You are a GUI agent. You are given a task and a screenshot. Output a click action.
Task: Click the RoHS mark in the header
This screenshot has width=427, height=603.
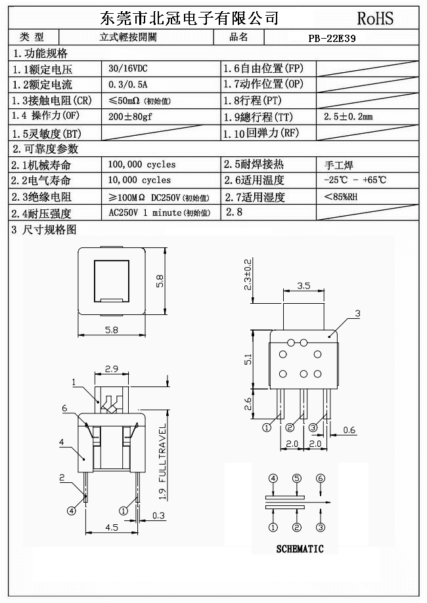[x=375, y=18]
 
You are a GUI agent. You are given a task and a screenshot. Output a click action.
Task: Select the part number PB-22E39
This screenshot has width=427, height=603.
[x=332, y=38]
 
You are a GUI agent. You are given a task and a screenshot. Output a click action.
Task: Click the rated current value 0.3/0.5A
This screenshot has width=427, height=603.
[x=128, y=84]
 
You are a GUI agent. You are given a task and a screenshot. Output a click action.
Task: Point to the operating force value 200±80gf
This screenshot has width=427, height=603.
[x=130, y=117]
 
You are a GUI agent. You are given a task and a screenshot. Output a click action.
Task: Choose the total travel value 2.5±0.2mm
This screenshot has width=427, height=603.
[x=348, y=117]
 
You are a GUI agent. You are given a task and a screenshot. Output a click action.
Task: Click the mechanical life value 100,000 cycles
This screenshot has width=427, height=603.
[x=142, y=164]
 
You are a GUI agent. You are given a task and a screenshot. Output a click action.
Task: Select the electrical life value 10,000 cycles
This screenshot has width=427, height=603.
[x=139, y=180]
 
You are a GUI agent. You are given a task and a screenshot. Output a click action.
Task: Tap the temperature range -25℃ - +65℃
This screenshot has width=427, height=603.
[x=355, y=180]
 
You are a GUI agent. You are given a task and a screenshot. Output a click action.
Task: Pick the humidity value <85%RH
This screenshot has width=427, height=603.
[x=341, y=196]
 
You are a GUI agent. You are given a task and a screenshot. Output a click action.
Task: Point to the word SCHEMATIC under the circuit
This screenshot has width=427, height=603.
[x=300, y=549]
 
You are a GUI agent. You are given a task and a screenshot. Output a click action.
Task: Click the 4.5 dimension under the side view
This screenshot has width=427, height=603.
[x=112, y=526]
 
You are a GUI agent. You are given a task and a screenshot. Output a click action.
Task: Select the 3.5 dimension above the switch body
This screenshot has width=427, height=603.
[x=303, y=286]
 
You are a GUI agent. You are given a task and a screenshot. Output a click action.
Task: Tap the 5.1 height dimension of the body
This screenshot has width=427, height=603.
[x=248, y=359]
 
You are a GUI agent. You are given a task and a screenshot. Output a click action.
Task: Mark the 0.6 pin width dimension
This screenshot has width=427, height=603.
[x=349, y=430]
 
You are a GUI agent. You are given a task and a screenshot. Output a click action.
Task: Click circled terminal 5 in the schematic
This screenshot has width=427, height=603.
[x=297, y=478]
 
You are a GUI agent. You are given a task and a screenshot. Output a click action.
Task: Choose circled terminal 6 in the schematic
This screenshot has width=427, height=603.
[x=321, y=478]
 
